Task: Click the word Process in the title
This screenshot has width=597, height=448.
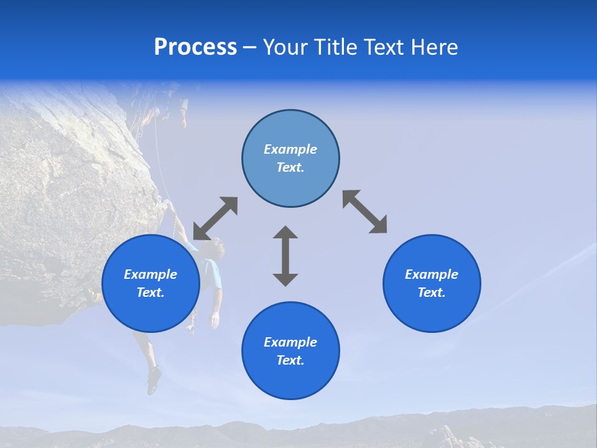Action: coord(195,47)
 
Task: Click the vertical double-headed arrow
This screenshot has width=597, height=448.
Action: coord(285,256)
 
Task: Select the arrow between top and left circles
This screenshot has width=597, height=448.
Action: coord(215,218)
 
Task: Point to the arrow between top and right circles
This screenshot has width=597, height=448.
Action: coord(364,212)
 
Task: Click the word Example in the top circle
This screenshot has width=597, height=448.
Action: coord(290,149)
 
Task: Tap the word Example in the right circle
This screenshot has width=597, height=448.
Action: coord(432,274)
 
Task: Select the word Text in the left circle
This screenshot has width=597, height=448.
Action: coord(150,292)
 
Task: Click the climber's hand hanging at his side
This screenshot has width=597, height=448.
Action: coord(215,320)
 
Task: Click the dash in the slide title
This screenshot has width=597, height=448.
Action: coord(250,48)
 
